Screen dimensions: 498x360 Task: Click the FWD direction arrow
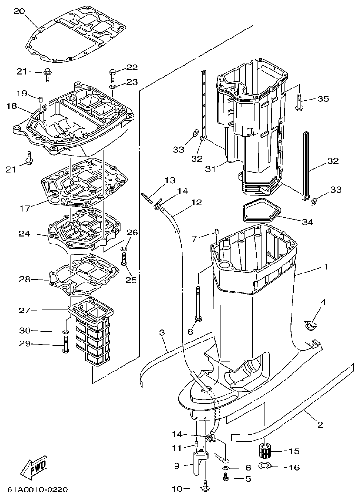34,469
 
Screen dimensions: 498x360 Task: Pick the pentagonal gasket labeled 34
260,212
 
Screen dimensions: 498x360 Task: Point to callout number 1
326,267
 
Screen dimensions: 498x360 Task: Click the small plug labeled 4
309,325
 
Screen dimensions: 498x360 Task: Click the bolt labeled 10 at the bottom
205,487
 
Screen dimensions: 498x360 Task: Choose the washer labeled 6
226,468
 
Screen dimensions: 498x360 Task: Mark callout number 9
177,467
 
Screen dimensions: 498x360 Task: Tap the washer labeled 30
64,331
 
